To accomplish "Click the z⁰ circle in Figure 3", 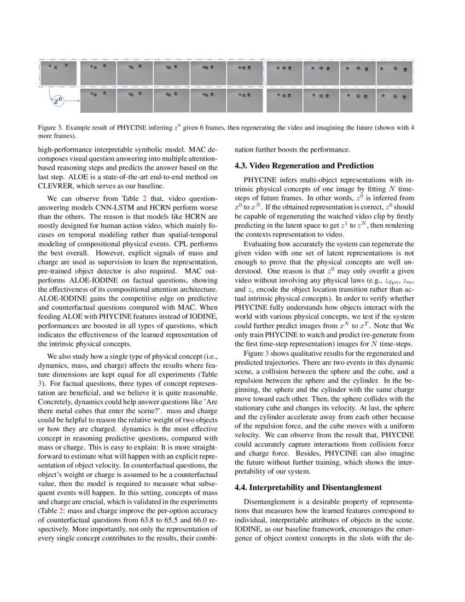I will [56, 101].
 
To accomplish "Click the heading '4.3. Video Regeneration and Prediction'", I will [304, 166].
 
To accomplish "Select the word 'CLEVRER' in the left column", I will [57, 186].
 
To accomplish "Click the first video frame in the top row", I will [58, 73].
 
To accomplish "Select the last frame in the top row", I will [394, 73].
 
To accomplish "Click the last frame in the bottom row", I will [394, 101].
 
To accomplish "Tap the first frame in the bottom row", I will [98, 101].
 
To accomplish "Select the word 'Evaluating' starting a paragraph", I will [260, 244].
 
